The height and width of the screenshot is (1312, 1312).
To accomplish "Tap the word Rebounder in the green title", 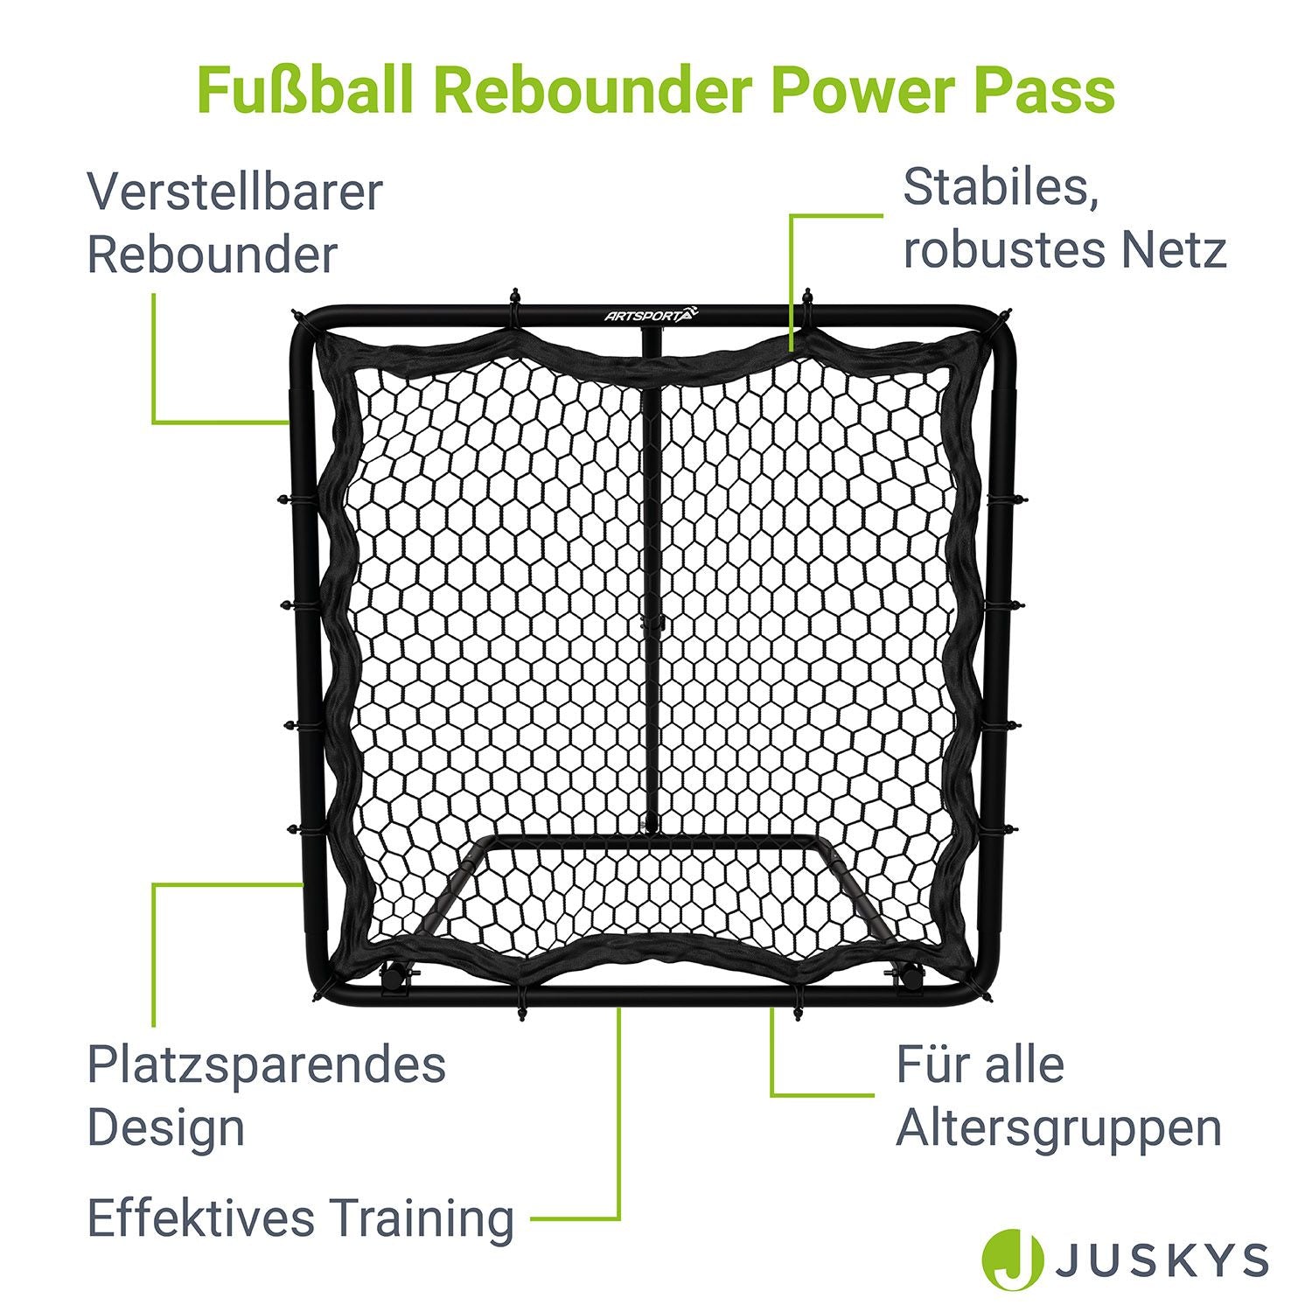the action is [593, 89].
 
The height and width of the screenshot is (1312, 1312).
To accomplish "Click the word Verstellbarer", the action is [235, 192].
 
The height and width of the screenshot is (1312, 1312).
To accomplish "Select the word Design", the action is [166, 1128].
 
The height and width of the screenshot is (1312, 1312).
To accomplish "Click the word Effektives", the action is [202, 1218].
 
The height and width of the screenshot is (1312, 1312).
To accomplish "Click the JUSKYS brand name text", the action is [1162, 1260].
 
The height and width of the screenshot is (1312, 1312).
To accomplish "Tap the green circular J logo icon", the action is [1013, 1260].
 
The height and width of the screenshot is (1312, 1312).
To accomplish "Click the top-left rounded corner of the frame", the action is [306, 322].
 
